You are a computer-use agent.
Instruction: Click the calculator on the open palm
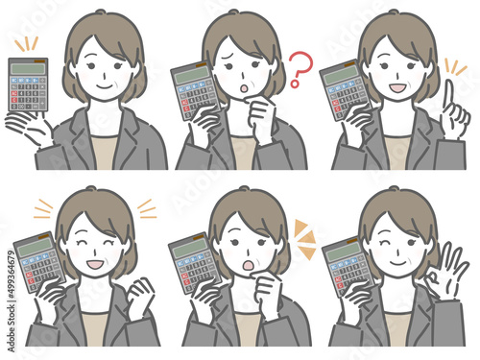(28, 86)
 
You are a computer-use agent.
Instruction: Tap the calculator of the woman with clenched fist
(36, 263)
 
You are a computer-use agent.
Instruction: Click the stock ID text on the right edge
(10, 287)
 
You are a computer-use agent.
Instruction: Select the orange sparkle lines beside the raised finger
(454, 68)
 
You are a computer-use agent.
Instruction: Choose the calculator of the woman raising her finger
(344, 91)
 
